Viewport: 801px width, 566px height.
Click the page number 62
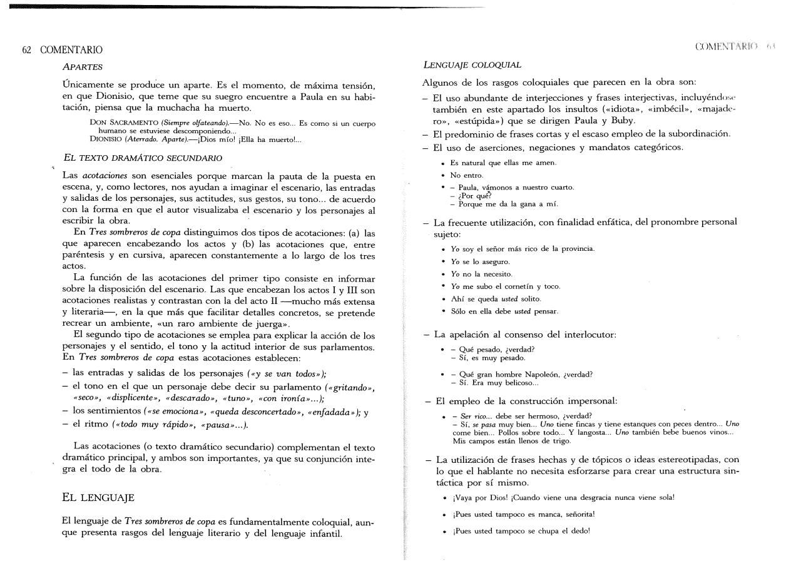pos(27,50)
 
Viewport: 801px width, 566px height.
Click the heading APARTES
pos(83,66)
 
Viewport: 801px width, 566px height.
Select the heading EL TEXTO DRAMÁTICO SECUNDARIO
pos(143,158)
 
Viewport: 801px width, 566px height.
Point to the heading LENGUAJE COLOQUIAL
pos(472,64)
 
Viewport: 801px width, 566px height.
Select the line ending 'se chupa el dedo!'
pos(520,531)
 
